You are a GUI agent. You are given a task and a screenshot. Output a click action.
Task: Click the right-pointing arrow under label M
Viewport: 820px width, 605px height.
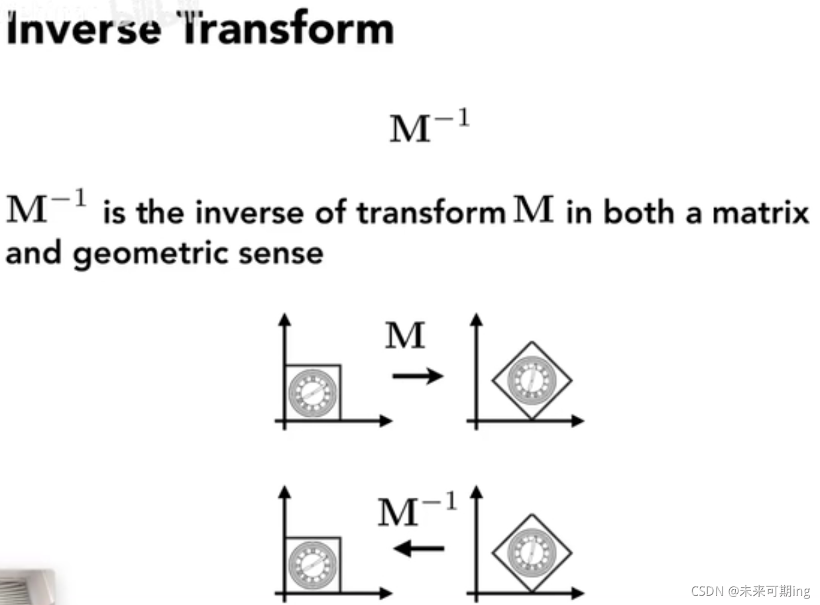418,376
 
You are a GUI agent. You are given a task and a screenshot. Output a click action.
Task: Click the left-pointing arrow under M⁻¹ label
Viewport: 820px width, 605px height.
419,548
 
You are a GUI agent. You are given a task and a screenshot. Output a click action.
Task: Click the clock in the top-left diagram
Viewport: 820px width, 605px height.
310,392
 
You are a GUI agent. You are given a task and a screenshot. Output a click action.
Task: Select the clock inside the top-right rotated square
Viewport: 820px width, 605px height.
532,380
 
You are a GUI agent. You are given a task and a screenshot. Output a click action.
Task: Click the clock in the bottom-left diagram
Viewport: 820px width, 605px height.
310,564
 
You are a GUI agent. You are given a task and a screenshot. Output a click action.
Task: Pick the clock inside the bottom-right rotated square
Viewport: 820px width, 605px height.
532,551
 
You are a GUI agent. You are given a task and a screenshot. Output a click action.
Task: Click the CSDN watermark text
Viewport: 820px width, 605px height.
750,590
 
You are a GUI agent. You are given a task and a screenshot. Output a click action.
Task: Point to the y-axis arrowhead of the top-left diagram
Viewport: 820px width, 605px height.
285,319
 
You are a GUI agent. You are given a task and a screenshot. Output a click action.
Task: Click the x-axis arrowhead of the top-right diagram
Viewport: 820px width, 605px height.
579,421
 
